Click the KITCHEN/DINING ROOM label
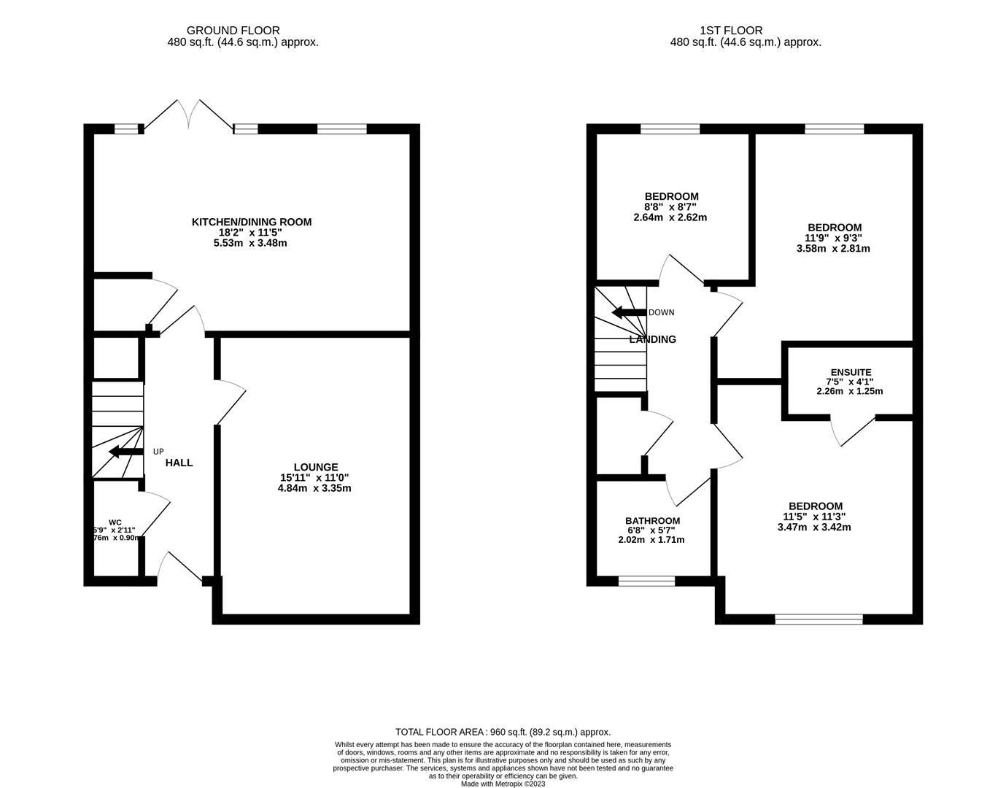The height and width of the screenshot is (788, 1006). [x=251, y=222]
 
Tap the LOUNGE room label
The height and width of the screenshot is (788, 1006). [x=315, y=467]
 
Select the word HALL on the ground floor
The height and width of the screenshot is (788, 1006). [x=179, y=463]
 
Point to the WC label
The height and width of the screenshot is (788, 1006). [x=115, y=522]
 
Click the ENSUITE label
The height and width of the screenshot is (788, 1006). [x=850, y=372]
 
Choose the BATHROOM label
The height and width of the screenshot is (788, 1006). [x=651, y=520]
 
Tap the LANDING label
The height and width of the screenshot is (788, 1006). [x=653, y=339]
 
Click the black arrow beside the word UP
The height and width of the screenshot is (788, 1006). [x=125, y=452]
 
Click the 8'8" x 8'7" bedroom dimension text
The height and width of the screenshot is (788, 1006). [x=670, y=207]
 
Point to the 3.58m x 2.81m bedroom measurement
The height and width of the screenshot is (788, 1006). [x=833, y=248]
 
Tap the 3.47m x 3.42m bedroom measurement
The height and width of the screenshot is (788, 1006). [x=814, y=527]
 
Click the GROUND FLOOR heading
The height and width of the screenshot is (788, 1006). [x=233, y=31]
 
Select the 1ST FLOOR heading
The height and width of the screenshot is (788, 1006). [x=731, y=31]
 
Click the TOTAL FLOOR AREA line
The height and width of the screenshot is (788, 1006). [x=503, y=732]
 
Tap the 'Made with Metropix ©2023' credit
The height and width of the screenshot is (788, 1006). [x=503, y=784]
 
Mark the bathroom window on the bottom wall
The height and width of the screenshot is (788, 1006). [x=646, y=582]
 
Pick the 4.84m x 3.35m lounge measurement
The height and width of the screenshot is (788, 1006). [x=314, y=488]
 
